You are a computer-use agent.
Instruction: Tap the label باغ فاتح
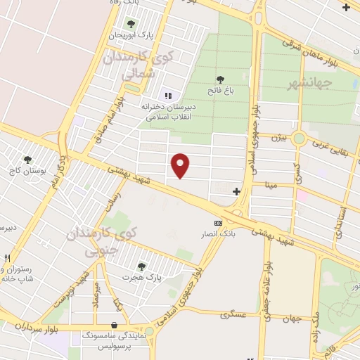[x=220, y=90]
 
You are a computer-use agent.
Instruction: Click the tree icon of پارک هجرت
[x=141, y=266]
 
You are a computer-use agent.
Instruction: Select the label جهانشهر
[x=309, y=84]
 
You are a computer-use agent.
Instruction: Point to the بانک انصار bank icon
[x=218, y=223]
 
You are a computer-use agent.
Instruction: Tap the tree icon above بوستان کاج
[x=28, y=160]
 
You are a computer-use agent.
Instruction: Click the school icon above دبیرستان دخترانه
[x=167, y=95]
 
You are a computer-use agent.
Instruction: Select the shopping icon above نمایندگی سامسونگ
[x=115, y=326]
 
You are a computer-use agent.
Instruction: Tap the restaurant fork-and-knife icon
[x=7, y=258]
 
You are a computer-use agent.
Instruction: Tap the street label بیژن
[x=280, y=137]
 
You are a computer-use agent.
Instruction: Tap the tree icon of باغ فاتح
[x=220, y=79]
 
